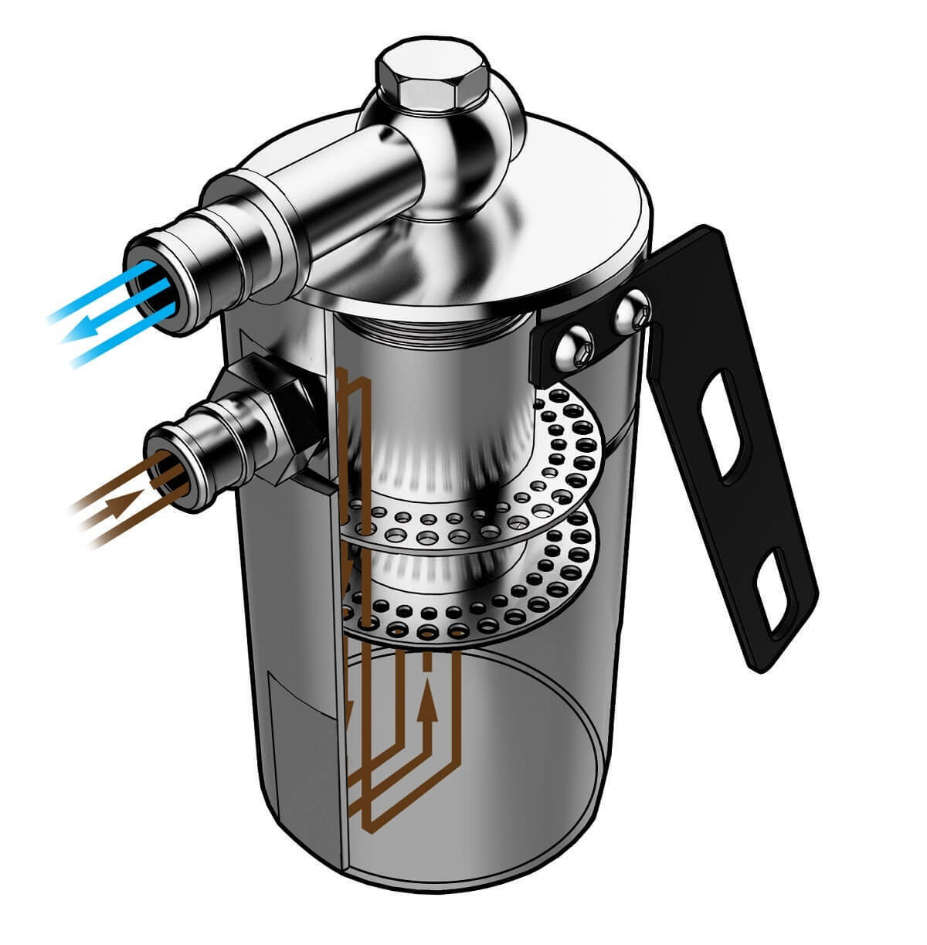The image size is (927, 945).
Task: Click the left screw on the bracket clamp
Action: click(576, 348)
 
